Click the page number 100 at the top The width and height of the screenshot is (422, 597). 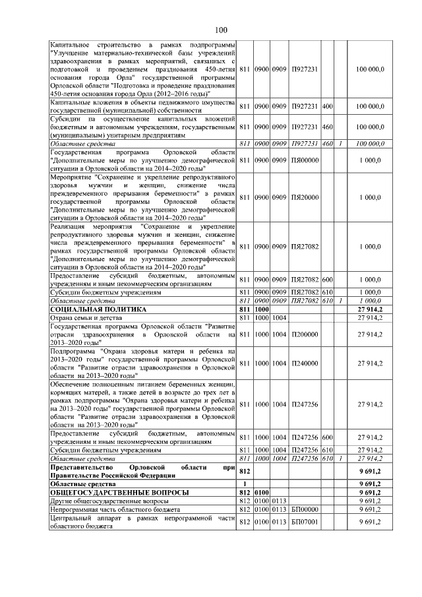tap(220, 29)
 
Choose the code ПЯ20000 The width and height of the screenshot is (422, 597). tap(304, 197)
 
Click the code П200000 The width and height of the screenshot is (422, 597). tap(304, 334)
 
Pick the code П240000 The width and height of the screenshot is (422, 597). tap(304, 363)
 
